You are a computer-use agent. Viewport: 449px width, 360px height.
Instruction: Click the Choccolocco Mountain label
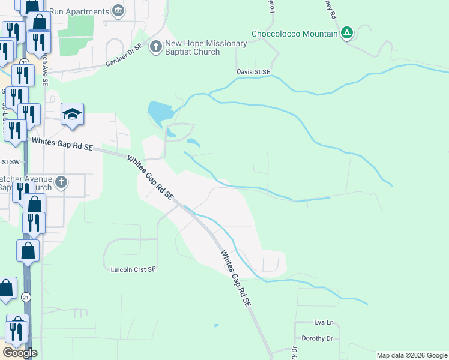[294, 34]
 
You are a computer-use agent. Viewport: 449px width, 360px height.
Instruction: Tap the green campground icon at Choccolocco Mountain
[346, 33]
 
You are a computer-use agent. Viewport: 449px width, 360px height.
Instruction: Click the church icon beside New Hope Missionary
[155, 46]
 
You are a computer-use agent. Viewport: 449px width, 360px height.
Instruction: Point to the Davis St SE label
[253, 72]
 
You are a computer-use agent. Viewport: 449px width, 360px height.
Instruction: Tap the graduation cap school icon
[73, 113]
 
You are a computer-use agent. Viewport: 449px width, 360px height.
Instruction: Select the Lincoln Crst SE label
[133, 269]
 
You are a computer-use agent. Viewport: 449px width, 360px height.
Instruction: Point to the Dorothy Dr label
[316, 338]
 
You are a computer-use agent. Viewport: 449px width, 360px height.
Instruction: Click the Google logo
[20, 353]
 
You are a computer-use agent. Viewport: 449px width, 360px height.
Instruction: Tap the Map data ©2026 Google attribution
[412, 355]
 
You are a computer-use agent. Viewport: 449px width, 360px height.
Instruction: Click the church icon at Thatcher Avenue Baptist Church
[61, 182]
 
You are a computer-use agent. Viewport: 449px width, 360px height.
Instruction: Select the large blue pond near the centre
[160, 111]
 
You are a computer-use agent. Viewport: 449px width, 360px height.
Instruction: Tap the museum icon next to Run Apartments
[118, 11]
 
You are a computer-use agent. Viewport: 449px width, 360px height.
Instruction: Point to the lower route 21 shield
[25, 297]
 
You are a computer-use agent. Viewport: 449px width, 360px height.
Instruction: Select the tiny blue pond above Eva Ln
[216, 326]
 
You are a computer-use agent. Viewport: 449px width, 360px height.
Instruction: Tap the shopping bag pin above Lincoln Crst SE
[28, 250]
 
